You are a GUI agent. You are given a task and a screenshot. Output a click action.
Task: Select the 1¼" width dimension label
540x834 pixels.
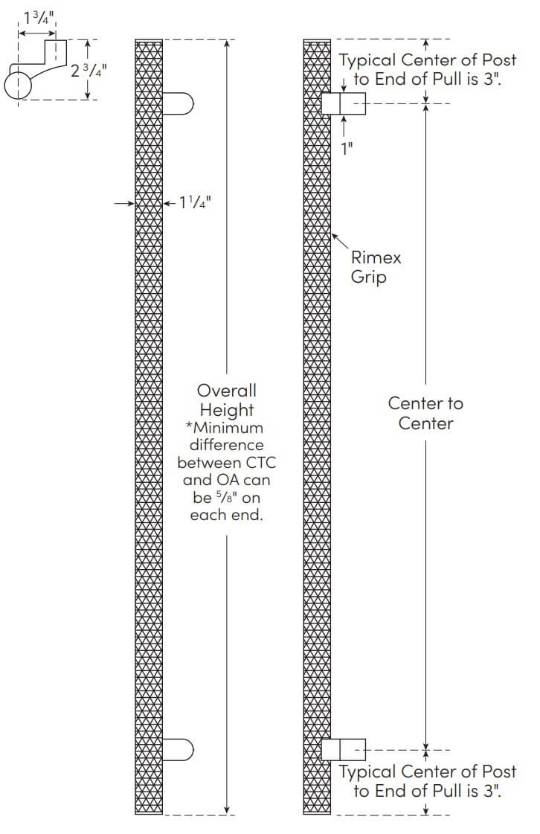(195, 202)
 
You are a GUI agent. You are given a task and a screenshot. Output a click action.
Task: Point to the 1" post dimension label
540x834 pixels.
(346, 147)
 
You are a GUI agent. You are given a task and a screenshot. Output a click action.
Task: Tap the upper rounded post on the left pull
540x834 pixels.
(179, 103)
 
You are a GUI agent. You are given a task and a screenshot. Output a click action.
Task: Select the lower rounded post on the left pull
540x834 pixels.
(179, 749)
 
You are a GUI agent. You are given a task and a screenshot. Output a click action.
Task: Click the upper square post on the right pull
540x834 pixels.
(344, 103)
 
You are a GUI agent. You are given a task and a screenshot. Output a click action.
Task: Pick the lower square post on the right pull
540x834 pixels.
(344, 749)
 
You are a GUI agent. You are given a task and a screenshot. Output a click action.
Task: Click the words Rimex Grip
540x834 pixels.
(376, 267)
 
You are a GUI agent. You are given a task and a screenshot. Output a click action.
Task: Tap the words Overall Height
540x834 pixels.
(226, 400)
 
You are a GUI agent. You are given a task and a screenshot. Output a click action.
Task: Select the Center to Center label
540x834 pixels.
(425, 413)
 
